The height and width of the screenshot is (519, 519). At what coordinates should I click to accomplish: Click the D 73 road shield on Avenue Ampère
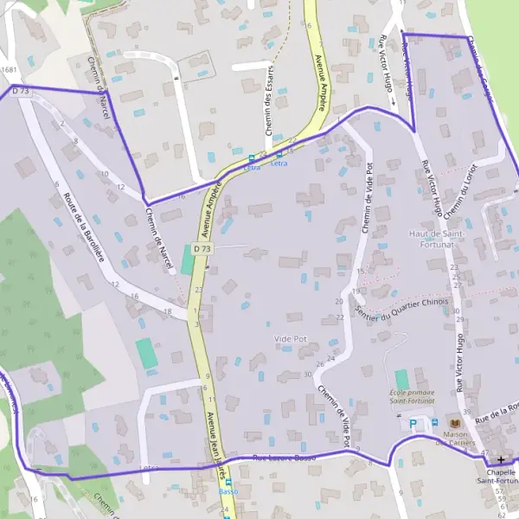(202, 249)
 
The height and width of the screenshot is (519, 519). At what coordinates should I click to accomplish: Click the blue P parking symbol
(413, 423)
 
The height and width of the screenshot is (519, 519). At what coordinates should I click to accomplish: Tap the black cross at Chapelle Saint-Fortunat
(501, 459)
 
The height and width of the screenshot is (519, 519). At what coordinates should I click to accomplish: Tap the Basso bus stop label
(228, 491)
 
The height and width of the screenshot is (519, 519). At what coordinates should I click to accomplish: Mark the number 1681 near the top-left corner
(10, 70)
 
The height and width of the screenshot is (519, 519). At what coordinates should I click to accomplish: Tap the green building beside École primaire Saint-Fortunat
(401, 379)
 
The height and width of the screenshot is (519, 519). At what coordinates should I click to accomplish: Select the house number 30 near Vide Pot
(308, 375)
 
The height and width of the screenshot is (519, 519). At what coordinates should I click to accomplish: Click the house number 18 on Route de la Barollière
(167, 311)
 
